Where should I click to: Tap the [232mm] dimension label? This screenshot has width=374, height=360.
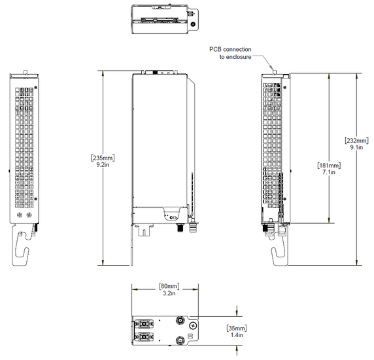(356, 140)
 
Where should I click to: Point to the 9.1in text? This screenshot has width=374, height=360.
(356, 149)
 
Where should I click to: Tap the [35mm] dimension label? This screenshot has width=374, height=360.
(237, 327)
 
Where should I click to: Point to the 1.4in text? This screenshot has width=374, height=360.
(237, 335)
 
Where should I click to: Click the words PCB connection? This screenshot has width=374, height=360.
(230, 49)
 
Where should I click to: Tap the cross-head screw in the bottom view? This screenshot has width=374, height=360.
(192, 325)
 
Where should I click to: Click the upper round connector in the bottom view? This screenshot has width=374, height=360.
(178, 321)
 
